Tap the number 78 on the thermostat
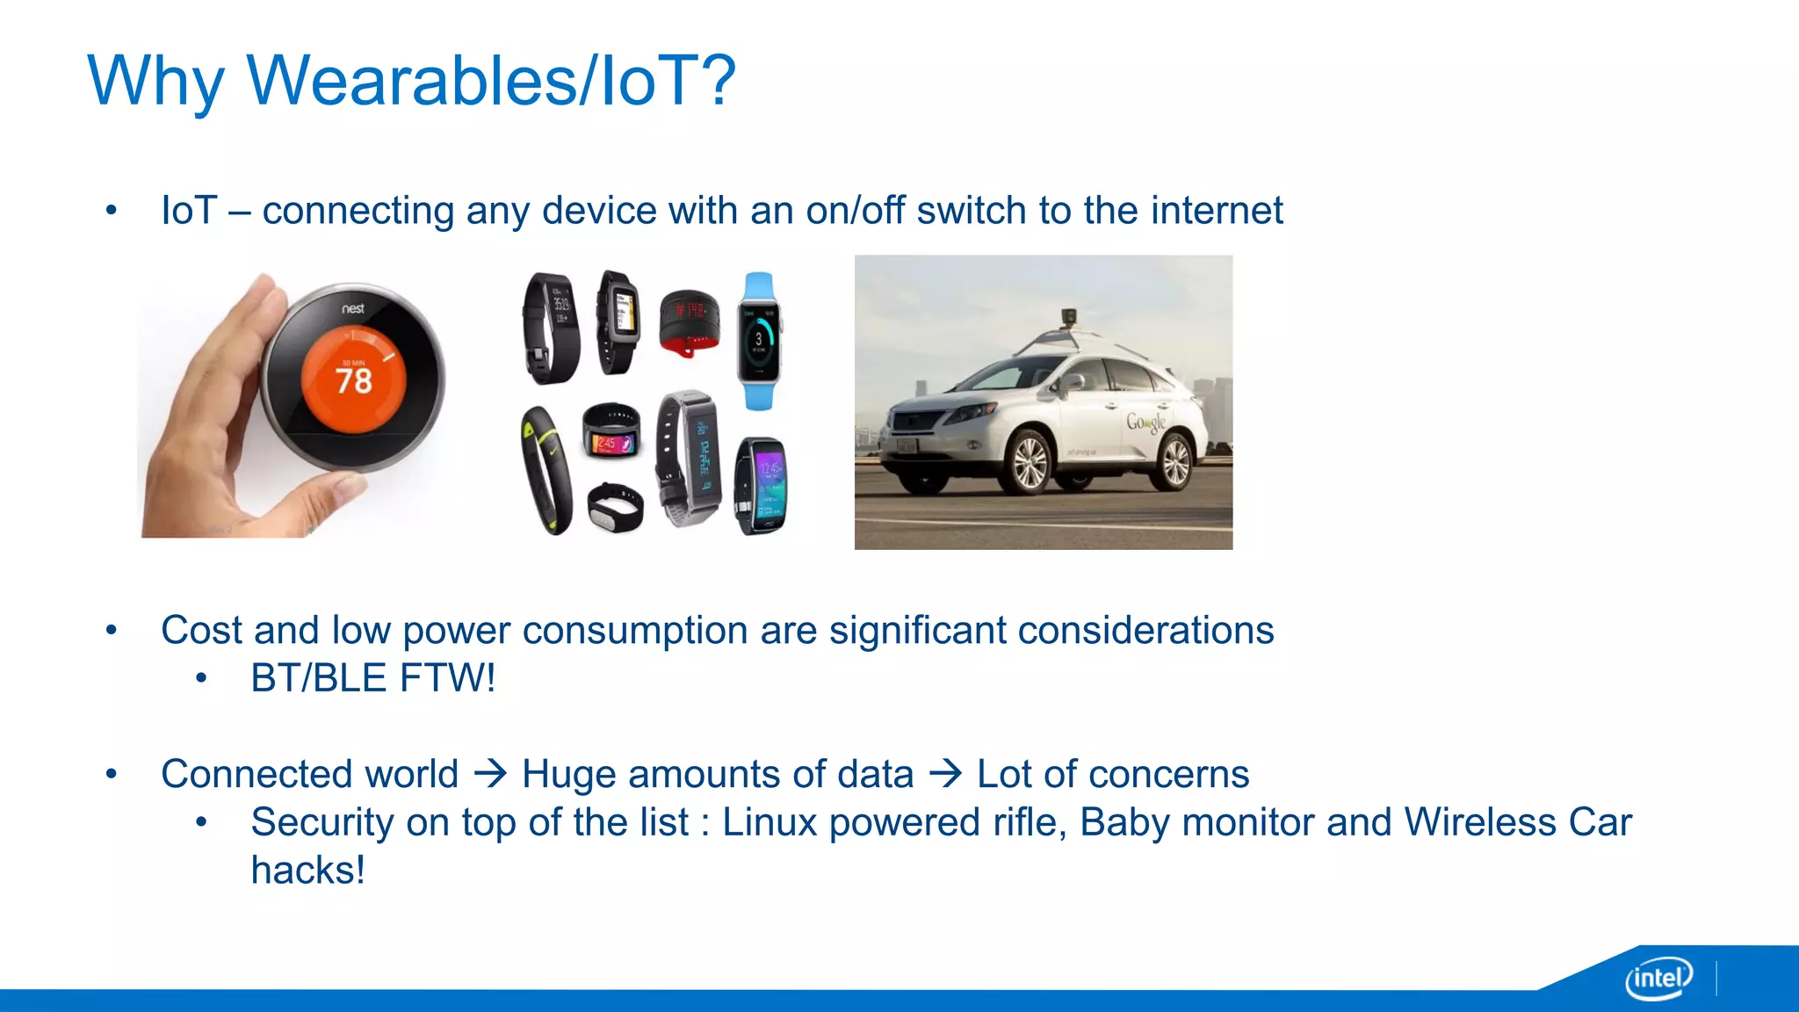pyautogui.click(x=353, y=381)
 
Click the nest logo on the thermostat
pyautogui.click(x=353, y=308)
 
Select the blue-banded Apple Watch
pyautogui.click(x=759, y=341)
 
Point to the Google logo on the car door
pyautogui.click(x=1145, y=423)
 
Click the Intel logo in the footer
pyautogui.click(x=1658, y=978)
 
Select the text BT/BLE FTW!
pyautogui.click(x=372, y=678)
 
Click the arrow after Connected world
pyautogui.click(x=490, y=774)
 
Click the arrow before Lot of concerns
pyautogui.click(x=945, y=774)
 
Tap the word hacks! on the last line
pyautogui.click(x=307, y=871)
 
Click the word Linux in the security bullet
pyautogui.click(x=770, y=823)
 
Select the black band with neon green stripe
pyautogui.click(x=545, y=470)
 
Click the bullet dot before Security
pyautogui.click(x=201, y=823)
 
